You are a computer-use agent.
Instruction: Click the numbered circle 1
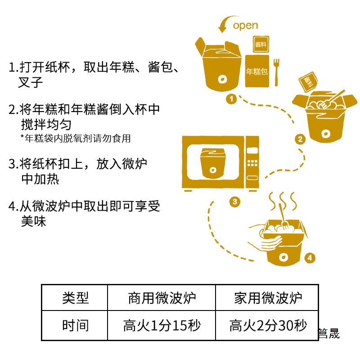point(231,99)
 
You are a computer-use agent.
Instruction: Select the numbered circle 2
point(300,139)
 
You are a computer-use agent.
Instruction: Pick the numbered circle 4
point(309,258)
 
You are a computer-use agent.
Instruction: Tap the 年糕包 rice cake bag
point(258,71)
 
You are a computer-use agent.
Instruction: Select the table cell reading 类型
point(75,298)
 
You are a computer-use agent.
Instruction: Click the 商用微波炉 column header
point(162,298)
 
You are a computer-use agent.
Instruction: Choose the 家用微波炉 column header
point(267,298)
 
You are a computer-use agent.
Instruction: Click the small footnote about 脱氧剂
point(76,139)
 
